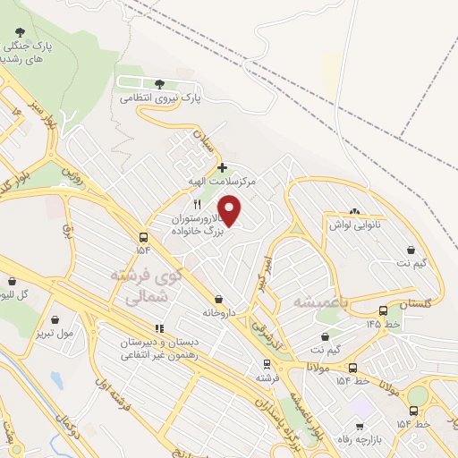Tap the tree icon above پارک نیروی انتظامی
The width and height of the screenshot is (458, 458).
[159, 83]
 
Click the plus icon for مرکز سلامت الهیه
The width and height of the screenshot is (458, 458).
[222, 167]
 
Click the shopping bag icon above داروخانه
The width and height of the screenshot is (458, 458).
[218, 300]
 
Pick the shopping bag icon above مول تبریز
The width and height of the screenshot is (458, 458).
[56, 318]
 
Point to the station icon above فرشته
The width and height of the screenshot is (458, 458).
[266, 364]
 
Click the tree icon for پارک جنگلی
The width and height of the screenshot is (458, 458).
[18, 43]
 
